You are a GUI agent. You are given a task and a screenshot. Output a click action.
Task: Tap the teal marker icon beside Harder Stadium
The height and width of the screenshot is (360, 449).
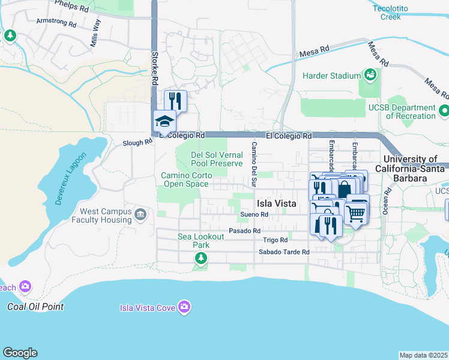click(x=371, y=75)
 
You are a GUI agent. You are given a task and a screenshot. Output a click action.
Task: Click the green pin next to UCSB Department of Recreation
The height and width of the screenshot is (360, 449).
click(x=443, y=111)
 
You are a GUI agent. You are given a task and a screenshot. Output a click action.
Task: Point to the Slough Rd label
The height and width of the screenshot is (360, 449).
click(x=137, y=143)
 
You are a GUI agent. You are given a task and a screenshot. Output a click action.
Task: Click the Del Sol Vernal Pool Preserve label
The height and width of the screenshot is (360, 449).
click(x=217, y=159)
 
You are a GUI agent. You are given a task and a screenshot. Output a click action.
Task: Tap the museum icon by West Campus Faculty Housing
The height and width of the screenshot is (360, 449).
click(x=140, y=215)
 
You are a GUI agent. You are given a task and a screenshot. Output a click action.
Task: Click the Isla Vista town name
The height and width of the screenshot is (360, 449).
click(x=276, y=203)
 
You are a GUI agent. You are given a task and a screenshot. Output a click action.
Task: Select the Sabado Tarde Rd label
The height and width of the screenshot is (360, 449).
click(x=283, y=252)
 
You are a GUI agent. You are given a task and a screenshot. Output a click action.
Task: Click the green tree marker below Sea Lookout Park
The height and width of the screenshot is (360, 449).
click(x=200, y=258)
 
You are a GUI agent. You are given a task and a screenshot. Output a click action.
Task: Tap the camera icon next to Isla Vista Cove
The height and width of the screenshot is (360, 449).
click(x=184, y=307)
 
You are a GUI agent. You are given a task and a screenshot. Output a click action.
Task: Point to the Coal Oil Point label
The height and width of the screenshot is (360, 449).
click(x=35, y=307)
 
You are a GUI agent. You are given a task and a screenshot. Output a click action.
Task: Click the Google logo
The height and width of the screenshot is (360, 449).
click(x=20, y=353)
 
